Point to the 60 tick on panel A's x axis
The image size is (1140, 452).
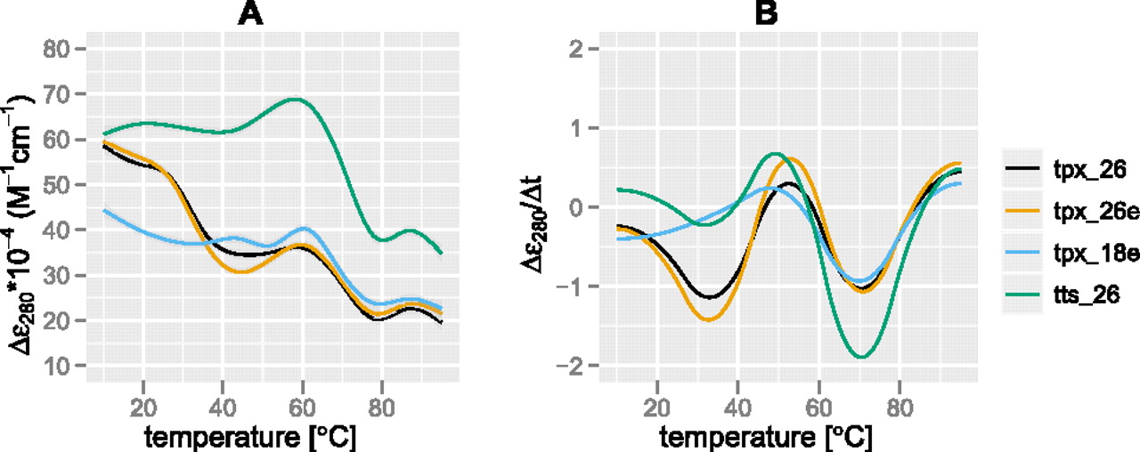(x=303, y=401)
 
